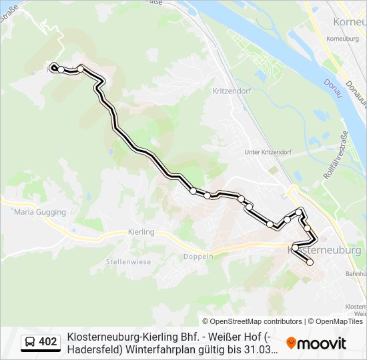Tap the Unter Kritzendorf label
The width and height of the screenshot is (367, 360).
tap(268, 152)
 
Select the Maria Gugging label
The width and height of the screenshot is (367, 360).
tap(40, 212)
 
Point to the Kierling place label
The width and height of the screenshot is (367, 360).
tap(140, 232)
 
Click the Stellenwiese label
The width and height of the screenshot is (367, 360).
tap(128, 262)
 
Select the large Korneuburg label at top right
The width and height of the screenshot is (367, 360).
tap(349, 22)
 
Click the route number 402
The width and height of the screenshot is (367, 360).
tap(47, 343)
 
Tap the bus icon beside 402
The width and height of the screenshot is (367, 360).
tap(30, 343)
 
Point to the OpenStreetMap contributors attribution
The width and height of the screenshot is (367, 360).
tap(252, 321)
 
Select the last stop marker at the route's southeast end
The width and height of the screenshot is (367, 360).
tap(310, 263)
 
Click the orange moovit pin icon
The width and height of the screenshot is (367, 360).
tap(291, 343)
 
